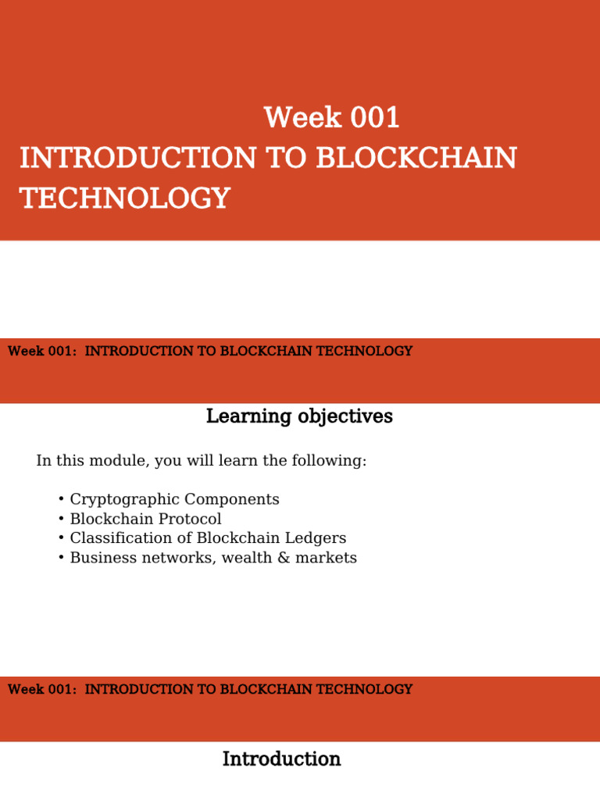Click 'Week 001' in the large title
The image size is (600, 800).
pyautogui.click(x=332, y=118)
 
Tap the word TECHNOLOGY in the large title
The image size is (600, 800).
pyautogui.click(x=125, y=198)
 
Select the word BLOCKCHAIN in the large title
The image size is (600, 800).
pyautogui.click(x=416, y=158)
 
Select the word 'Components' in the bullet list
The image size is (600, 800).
pyautogui.click(x=231, y=499)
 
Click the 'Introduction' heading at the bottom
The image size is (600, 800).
pyautogui.click(x=281, y=759)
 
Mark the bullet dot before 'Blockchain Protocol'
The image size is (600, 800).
pyautogui.click(x=61, y=519)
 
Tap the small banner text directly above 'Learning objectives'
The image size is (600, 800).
pyautogui.click(x=209, y=352)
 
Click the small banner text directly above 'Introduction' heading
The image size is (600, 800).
pyautogui.click(x=209, y=690)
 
